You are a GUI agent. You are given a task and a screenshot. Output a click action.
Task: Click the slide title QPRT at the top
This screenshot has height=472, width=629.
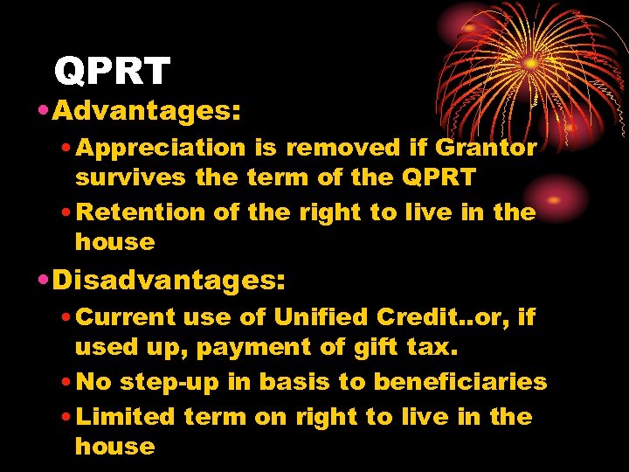(111, 71)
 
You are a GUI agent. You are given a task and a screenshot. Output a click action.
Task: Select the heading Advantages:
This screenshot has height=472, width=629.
(146, 111)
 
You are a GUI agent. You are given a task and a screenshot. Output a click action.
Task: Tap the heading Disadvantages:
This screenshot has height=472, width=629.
(169, 280)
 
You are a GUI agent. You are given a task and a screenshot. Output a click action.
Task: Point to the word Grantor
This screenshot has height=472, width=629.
(486, 148)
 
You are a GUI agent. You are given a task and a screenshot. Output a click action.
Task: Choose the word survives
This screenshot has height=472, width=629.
(131, 178)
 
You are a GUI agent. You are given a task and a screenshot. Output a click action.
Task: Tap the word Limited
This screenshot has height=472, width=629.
(127, 416)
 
